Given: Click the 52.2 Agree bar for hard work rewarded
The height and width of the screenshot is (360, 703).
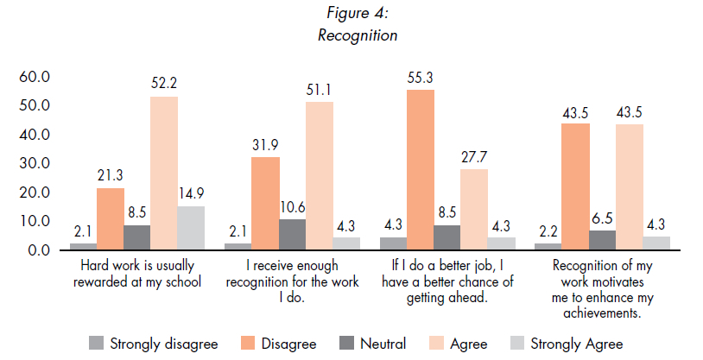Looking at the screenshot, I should point(164,173).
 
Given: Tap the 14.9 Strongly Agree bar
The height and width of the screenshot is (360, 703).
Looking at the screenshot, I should point(191,228).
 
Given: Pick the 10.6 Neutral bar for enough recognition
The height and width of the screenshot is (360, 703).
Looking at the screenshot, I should point(292,235).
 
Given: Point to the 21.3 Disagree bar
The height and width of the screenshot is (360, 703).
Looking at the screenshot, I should point(110,218).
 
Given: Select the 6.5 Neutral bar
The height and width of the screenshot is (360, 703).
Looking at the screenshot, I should point(602,240).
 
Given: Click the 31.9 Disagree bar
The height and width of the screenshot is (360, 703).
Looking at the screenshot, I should point(265,204).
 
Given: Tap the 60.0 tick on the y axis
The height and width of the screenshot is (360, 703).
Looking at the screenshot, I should point(35,77).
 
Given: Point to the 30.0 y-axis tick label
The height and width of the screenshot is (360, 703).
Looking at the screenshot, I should point(35,163).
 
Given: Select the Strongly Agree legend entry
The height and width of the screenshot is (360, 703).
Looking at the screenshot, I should point(565,343).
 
